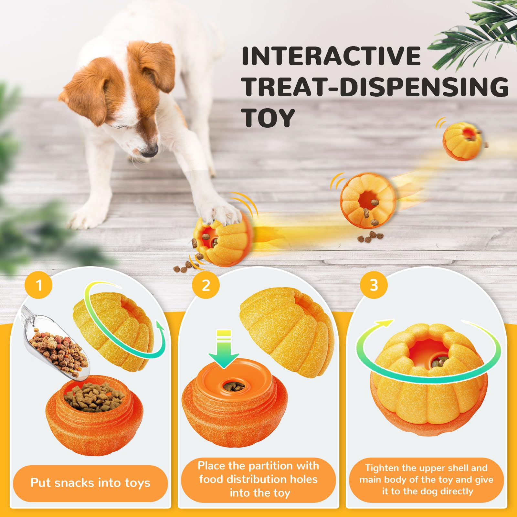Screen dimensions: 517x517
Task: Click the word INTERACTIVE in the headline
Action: coord(331,56)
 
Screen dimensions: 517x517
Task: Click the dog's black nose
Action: coord(149,152)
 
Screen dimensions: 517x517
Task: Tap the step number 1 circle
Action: coord(38,285)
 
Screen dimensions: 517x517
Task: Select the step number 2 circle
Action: coord(206,285)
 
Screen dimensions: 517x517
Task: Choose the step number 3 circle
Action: coord(374,285)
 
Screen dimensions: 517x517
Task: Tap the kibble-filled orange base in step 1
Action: coord(94,415)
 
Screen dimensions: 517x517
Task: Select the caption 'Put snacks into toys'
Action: coord(90,483)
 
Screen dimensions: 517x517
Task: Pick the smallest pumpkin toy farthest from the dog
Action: coord(463,141)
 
